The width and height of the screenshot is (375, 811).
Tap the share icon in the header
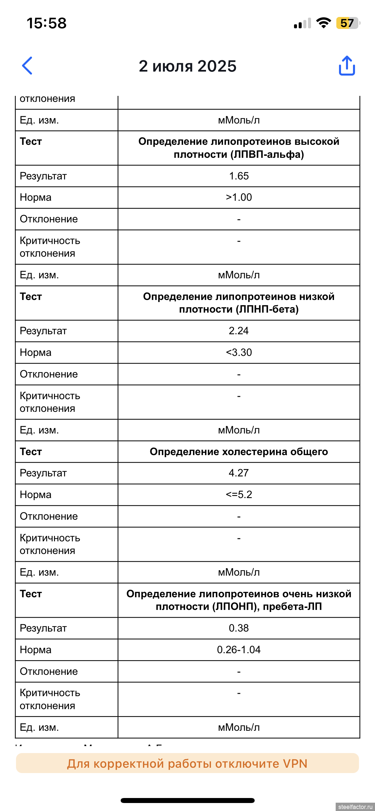pyautogui.click(x=347, y=66)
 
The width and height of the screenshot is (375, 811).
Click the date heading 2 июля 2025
pyautogui.click(x=188, y=66)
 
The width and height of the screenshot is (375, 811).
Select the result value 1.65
pyautogui.click(x=239, y=176)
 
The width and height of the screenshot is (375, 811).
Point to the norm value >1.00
pyautogui.click(x=239, y=197)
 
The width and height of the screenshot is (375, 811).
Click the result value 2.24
pyautogui.click(x=239, y=331)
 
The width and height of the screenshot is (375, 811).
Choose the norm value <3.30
pyautogui.click(x=239, y=352)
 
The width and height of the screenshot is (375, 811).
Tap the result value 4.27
pyautogui.click(x=239, y=473)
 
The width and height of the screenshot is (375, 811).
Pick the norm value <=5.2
pyautogui.click(x=239, y=494)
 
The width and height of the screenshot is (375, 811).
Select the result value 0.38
pyautogui.click(x=239, y=628)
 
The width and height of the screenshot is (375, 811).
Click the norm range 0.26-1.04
pyautogui.click(x=239, y=650)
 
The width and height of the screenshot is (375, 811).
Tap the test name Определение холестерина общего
pyautogui.click(x=239, y=451)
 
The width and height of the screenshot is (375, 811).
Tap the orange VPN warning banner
pyautogui.click(x=187, y=763)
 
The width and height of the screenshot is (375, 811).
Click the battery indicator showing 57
pyautogui.click(x=347, y=23)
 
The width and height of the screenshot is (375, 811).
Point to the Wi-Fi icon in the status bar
pyautogui.click(x=323, y=23)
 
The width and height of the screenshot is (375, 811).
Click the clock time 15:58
pyautogui.click(x=47, y=23)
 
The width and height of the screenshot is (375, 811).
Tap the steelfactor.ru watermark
pyautogui.click(x=355, y=807)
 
